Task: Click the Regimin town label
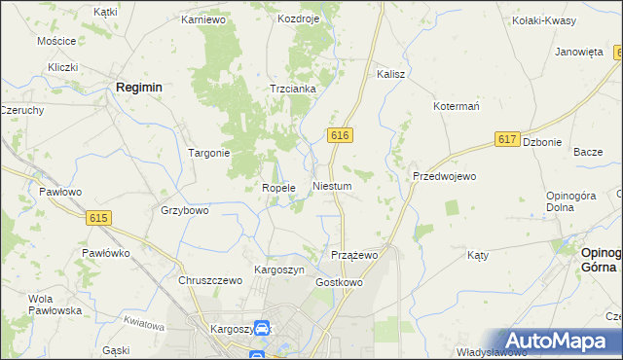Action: tap(138, 87)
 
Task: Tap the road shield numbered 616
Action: tap(339, 135)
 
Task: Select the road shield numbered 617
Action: tap(505, 140)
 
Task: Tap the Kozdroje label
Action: tap(298, 18)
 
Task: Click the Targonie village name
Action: tap(208, 153)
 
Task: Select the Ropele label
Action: tap(278, 188)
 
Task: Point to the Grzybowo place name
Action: tap(184, 210)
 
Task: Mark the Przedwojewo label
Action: tap(444, 176)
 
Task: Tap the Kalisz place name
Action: tap(390, 74)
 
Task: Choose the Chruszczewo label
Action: tap(209, 280)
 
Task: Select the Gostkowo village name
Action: tap(339, 282)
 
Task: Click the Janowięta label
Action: tap(580, 53)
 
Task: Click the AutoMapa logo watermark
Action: tap(553, 341)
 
